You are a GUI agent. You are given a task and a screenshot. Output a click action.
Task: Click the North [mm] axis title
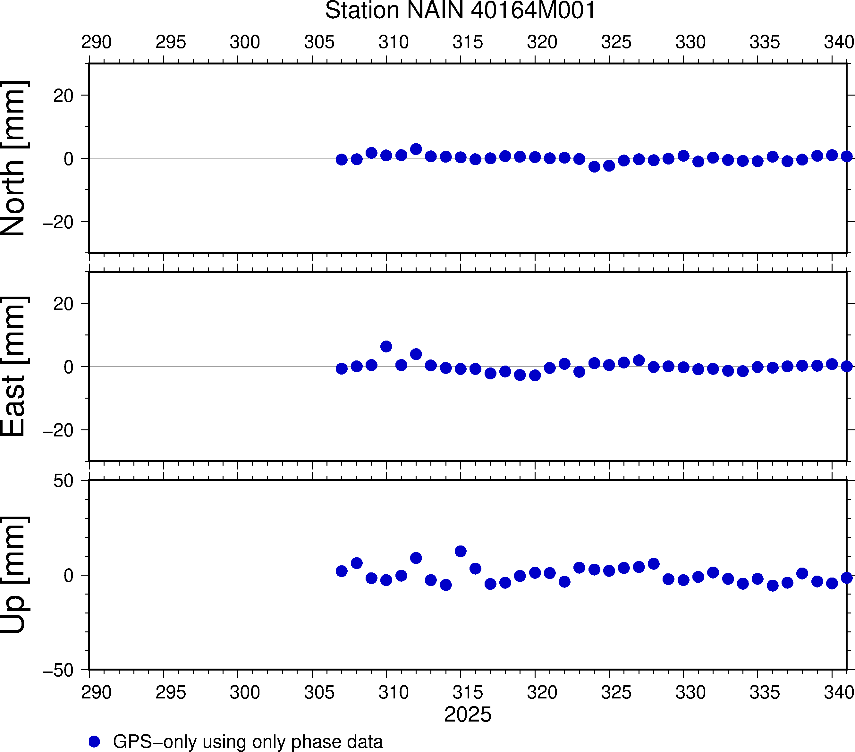click(14, 158)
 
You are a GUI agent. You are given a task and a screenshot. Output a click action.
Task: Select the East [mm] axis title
click(14, 367)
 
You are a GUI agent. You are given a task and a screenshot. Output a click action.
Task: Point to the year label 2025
click(468, 714)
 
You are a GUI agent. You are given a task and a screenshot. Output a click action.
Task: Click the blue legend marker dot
click(95, 741)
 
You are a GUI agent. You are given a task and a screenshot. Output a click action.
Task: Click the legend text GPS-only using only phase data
click(248, 741)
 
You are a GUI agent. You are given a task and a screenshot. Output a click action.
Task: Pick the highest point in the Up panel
click(461, 551)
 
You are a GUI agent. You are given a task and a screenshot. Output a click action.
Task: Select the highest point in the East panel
click(386, 346)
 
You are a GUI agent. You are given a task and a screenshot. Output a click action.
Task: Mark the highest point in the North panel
click(416, 149)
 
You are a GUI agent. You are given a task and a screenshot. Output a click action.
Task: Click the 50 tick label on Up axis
click(63, 481)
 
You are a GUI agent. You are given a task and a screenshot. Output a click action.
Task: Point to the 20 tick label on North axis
click(63, 96)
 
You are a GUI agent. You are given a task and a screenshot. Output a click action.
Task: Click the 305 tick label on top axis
click(319, 42)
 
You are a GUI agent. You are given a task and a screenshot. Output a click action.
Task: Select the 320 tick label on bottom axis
click(542, 693)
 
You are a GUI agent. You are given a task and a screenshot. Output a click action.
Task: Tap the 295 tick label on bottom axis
click(171, 693)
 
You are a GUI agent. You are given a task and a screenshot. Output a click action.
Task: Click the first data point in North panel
click(342, 159)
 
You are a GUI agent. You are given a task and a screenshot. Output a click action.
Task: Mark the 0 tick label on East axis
click(69, 367)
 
